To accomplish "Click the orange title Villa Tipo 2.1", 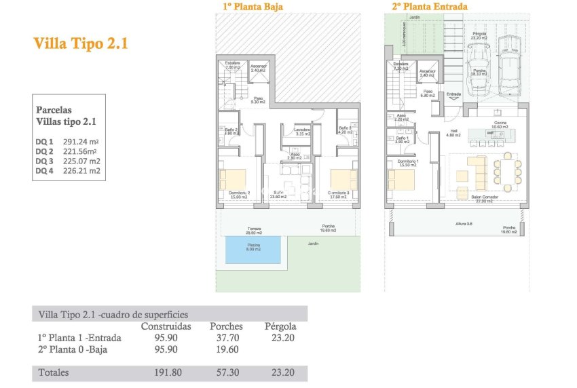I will point(81,44).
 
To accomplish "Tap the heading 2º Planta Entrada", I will point(429,7).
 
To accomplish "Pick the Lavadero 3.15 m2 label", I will point(302,131).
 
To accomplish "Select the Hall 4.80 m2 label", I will point(453,134).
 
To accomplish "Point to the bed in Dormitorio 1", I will point(400,180).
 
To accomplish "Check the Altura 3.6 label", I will point(465,223).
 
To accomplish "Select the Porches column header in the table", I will point(226,326).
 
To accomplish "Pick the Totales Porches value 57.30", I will point(226,372).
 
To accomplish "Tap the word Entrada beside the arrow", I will point(453,94).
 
